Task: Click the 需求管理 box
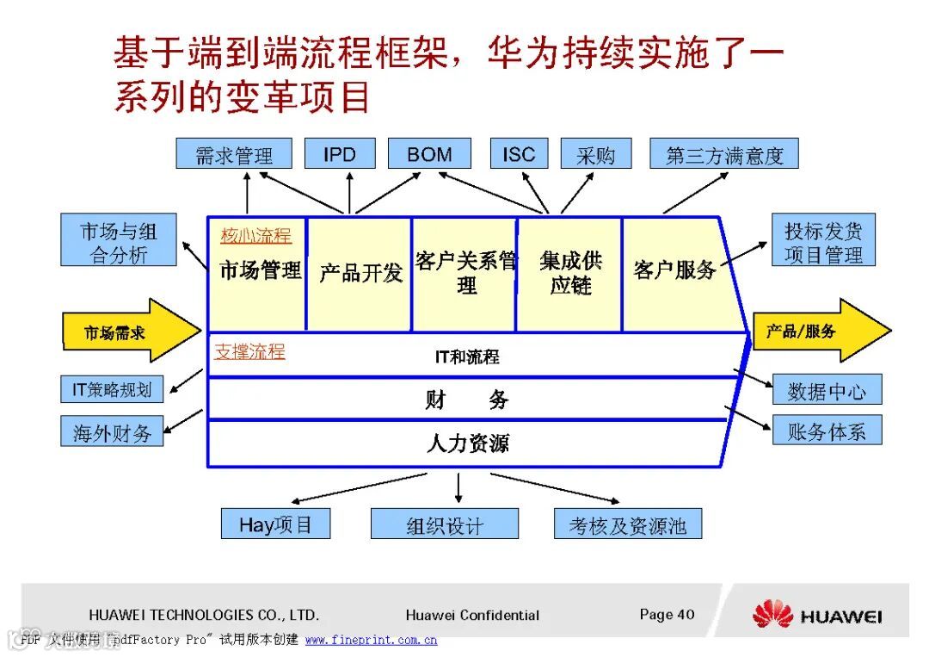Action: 233,154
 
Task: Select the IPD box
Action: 340,154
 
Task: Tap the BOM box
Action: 429,154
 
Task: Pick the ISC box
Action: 519,154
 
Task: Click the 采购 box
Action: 595,154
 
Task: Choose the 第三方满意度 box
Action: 723,154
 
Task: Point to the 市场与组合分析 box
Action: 119,242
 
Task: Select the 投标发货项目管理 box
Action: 823,242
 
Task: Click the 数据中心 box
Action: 827,390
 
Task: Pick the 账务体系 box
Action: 827,431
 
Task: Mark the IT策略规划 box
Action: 112,389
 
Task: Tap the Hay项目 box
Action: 275,524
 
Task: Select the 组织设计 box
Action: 445,524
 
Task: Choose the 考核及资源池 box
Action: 627,524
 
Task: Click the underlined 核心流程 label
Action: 255,235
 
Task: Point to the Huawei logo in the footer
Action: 816,615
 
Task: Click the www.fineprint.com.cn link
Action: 371,640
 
